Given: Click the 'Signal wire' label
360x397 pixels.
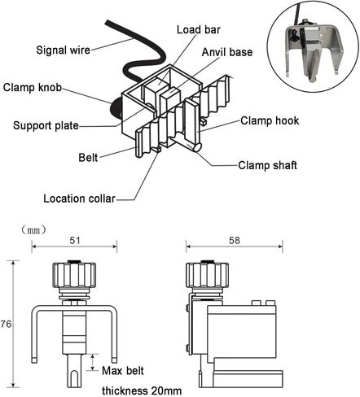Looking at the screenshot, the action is [x=63, y=50].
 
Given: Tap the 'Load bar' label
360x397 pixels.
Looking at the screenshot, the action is [x=199, y=30].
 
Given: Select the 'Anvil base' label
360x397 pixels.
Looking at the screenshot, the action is [x=227, y=52].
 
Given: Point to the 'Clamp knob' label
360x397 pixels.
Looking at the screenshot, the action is [x=33, y=88].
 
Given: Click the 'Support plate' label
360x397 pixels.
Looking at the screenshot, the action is [x=46, y=126].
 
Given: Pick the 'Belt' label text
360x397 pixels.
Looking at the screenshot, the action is [x=88, y=158].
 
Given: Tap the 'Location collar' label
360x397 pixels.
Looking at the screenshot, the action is [x=79, y=198].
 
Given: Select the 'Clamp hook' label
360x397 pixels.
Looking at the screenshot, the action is [x=270, y=121].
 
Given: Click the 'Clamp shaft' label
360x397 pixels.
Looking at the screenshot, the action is [x=267, y=165].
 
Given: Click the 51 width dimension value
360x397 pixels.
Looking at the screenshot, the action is [x=75, y=241].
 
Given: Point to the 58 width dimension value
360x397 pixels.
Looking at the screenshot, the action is [x=235, y=241].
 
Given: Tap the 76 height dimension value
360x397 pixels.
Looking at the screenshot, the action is [x=6, y=324].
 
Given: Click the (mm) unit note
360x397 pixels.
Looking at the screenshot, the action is [x=33, y=230].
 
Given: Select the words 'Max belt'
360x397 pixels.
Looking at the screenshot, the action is [x=123, y=371].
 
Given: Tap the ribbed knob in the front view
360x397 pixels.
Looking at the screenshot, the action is [x=74, y=276].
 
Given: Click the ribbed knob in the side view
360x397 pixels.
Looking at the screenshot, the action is [x=207, y=276].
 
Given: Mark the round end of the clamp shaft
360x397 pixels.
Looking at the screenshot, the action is [x=197, y=147].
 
